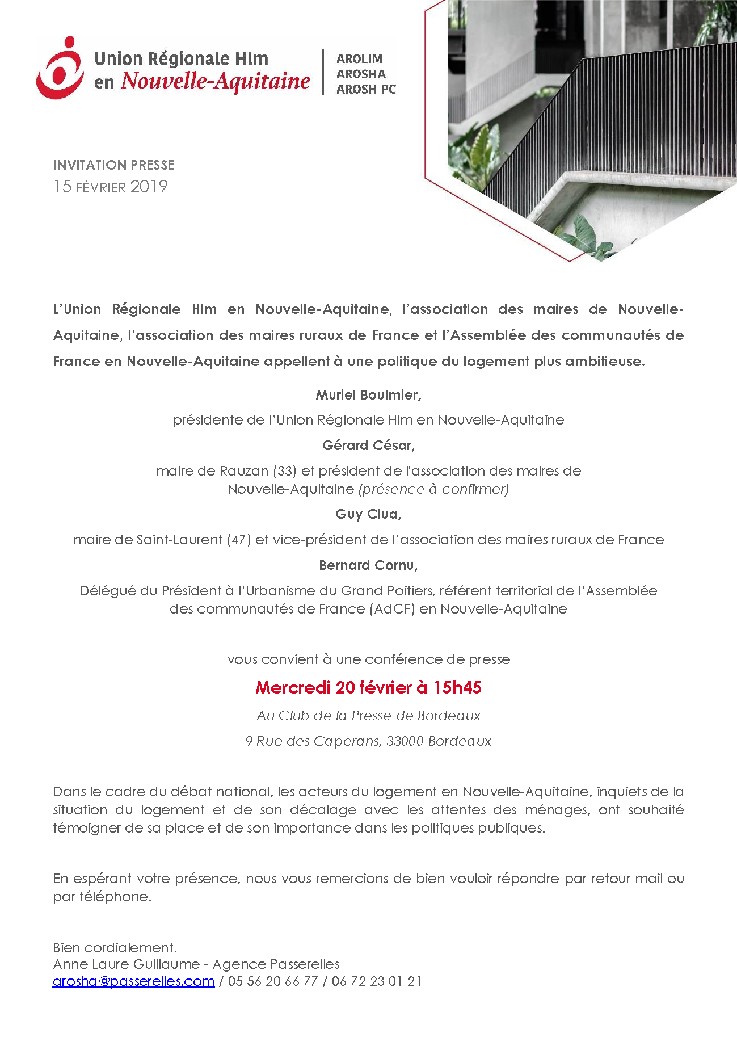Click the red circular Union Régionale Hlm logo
pos(60,68)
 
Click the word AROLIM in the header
pos(359,59)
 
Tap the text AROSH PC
pos(366,90)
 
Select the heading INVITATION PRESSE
pos(113,165)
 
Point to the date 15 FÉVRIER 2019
pos(111,187)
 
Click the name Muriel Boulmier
pos(368,395)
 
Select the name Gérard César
pos(368,446)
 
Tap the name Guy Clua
pos(368,515)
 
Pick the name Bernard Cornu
pos(368,566)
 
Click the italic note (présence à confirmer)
pos(433,489)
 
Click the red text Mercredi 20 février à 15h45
pos(368,688)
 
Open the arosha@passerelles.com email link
pos(133,981)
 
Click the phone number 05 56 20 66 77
pos(272,981)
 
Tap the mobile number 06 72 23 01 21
pos(377,981)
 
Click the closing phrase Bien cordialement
pos(115,948)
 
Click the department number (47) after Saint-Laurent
pos(238,540)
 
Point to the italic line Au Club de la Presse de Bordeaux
pos(368,716)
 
